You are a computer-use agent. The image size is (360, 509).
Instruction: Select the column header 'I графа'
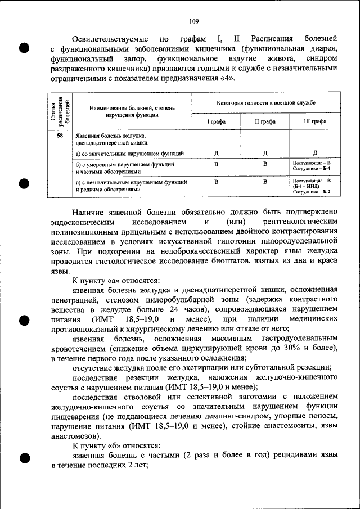216,121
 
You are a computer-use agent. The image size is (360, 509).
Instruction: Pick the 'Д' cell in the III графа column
314,153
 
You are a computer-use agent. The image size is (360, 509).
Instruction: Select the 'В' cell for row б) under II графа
265,164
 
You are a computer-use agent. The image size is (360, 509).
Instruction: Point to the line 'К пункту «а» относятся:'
116,280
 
